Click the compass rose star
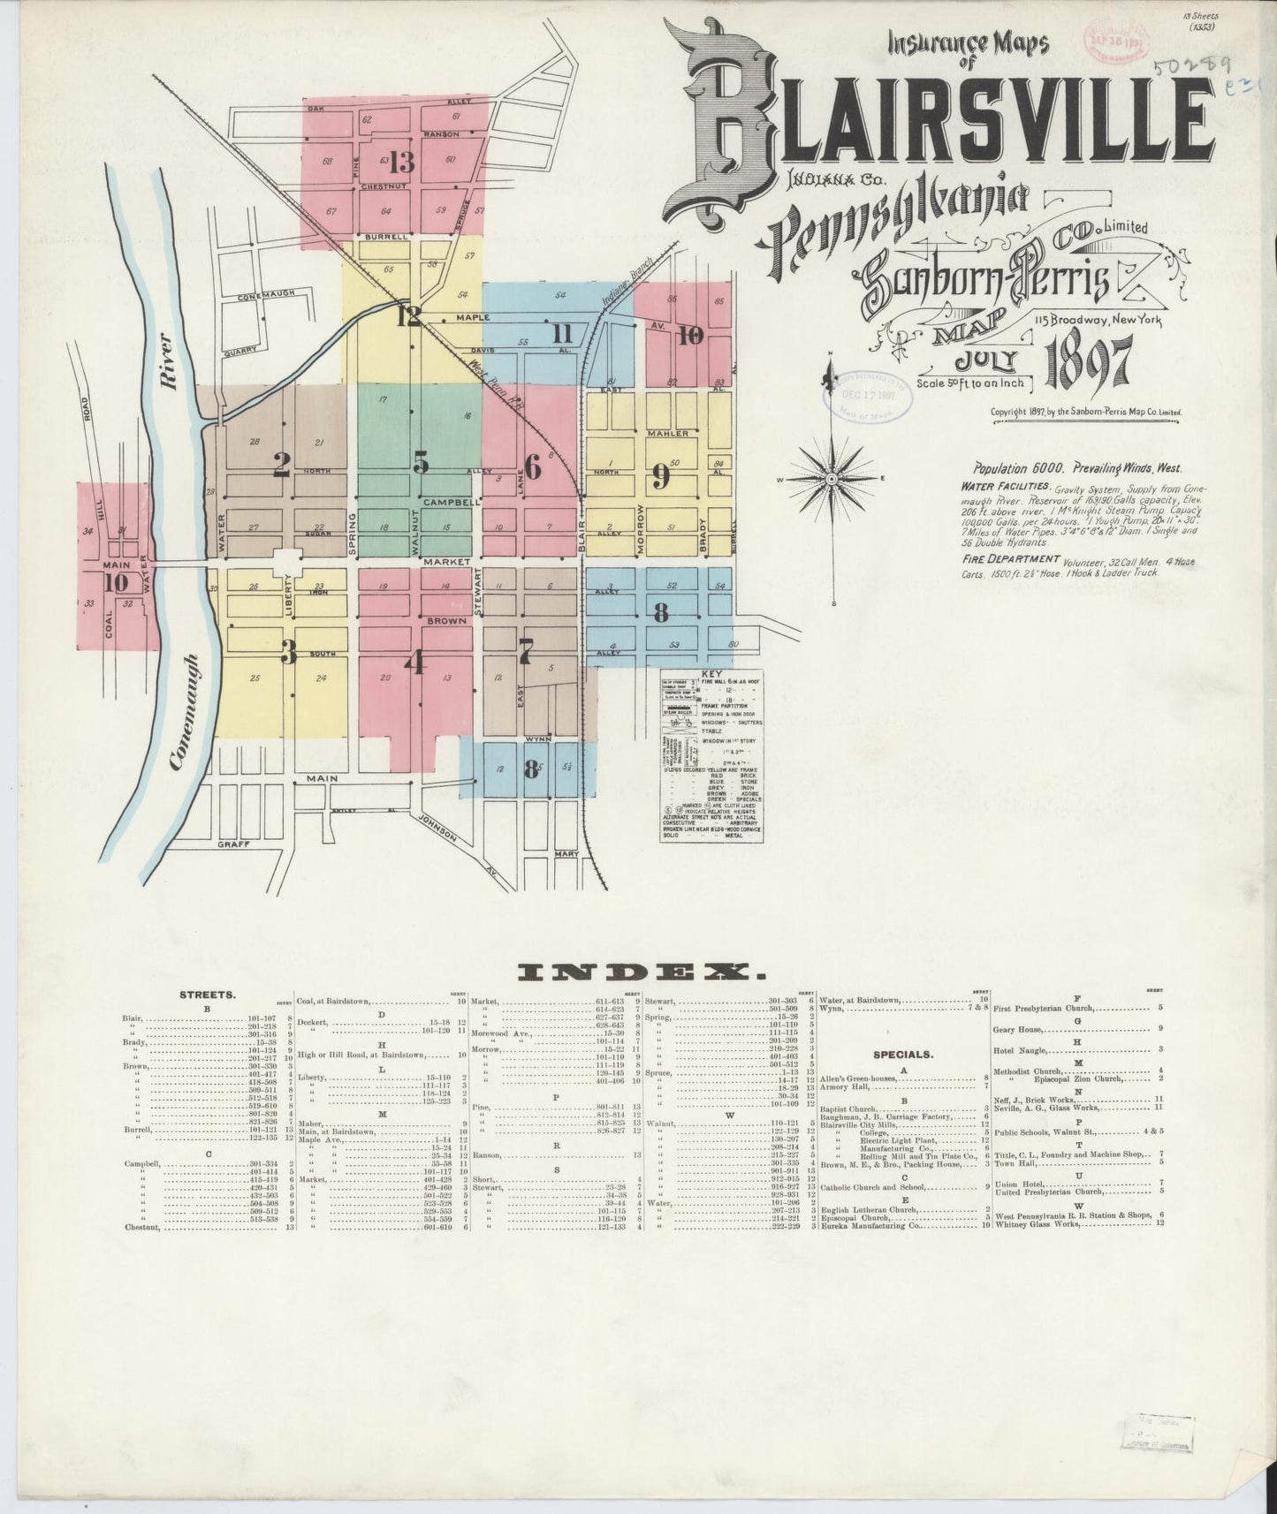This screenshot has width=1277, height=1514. [x=832, y=479]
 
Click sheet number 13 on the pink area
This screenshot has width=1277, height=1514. [x=401, y=163]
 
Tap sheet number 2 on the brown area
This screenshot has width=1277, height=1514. [x=281, y=466]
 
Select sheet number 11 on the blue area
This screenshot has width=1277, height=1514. [x=562, y=334]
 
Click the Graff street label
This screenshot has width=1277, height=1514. [x=236, y=844]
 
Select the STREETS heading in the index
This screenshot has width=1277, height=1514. [x=209, y=994]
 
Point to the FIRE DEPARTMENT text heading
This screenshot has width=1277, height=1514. [x=1010, y=558]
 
